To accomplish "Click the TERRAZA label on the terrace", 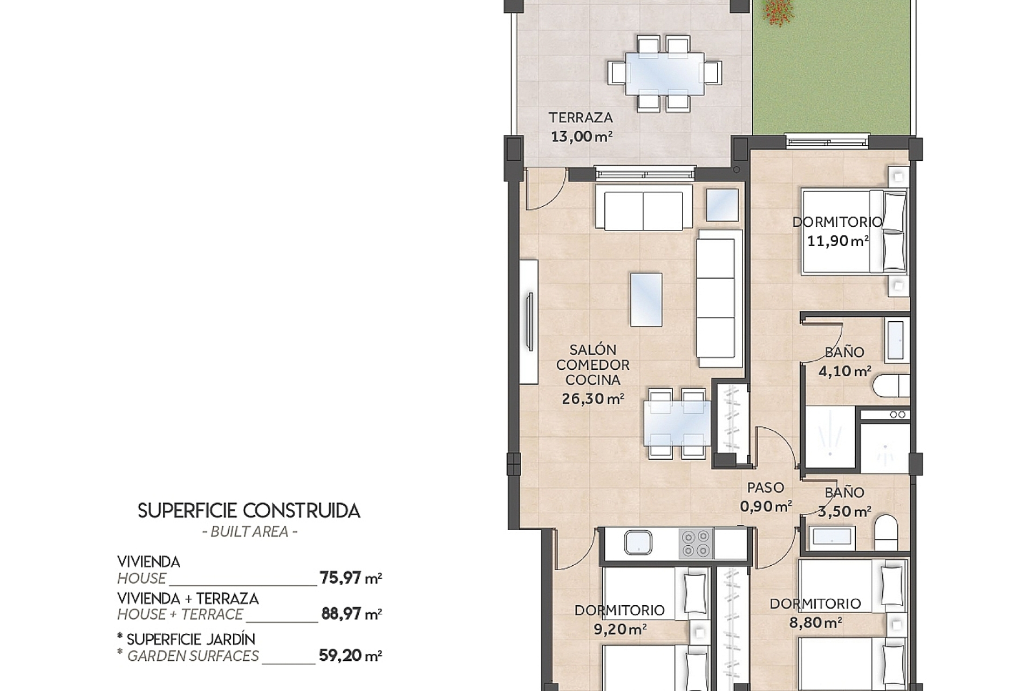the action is [x=581, y=118].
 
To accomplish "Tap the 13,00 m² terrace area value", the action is [x=581, y=137].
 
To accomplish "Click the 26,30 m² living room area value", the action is [x=592, y=399].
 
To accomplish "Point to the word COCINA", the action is [x=592, y=380].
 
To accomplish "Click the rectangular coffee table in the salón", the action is [x=646, y=300].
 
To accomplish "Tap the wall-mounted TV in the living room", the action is [x=530, y=322].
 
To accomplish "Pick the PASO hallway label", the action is [x=765, y=487].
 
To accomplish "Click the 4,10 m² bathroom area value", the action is [x=844, y=371].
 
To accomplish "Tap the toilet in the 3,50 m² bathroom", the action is [x=885, y=532].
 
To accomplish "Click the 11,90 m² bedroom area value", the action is [x=837, y=241].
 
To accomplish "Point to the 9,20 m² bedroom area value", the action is [x=619, y=629].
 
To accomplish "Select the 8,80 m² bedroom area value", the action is [x=815, y=622].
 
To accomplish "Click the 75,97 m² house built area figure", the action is [x=351, y=578].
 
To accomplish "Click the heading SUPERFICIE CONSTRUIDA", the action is [x=249, y=511].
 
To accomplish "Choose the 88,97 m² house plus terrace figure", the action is [x=351, y=614].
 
